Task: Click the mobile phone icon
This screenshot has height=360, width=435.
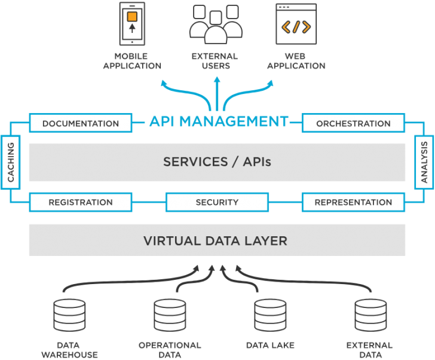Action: [x=132, y=24]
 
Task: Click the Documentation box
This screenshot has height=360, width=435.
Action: [x=81, y=124]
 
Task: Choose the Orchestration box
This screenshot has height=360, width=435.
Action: [x=353, y=124]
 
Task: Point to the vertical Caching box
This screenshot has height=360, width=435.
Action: [x=10, y=162]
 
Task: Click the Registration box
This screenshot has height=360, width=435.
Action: [x=81, y=202]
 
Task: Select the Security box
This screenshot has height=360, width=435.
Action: [x=217, y=202]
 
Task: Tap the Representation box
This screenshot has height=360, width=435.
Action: [x=353, y=202]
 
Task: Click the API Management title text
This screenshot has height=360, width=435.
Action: [x=218, y=121]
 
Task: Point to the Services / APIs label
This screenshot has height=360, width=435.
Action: [x=217, y=161]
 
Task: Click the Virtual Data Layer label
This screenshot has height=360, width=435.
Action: [x=215, y=241]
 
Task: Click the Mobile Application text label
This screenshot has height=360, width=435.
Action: [x=132, y=61]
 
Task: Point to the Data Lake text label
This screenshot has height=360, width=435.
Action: [x=270, y=346]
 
